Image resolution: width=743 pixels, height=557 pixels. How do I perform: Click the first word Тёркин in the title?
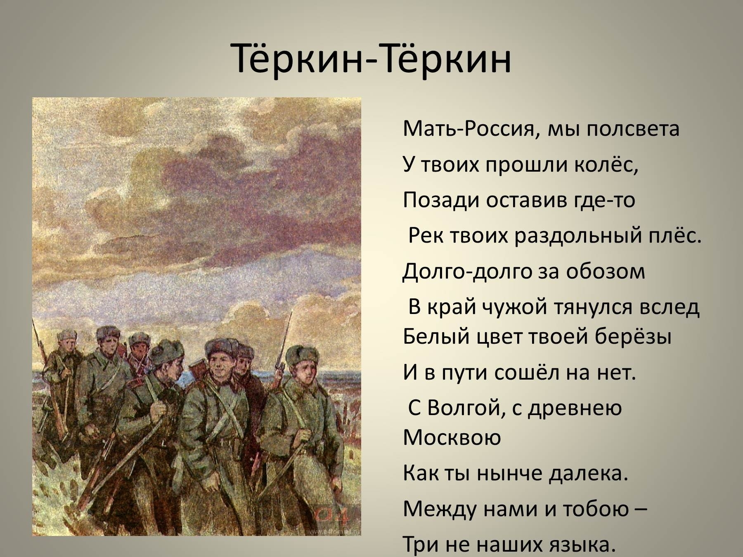coord(297,57)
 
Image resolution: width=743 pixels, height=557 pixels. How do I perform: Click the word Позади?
coord(440,200)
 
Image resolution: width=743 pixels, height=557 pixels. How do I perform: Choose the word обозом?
coord(605,271)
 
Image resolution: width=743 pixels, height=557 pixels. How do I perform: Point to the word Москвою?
coord(452,437)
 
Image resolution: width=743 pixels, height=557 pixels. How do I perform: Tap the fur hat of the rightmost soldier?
coord(303,354)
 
